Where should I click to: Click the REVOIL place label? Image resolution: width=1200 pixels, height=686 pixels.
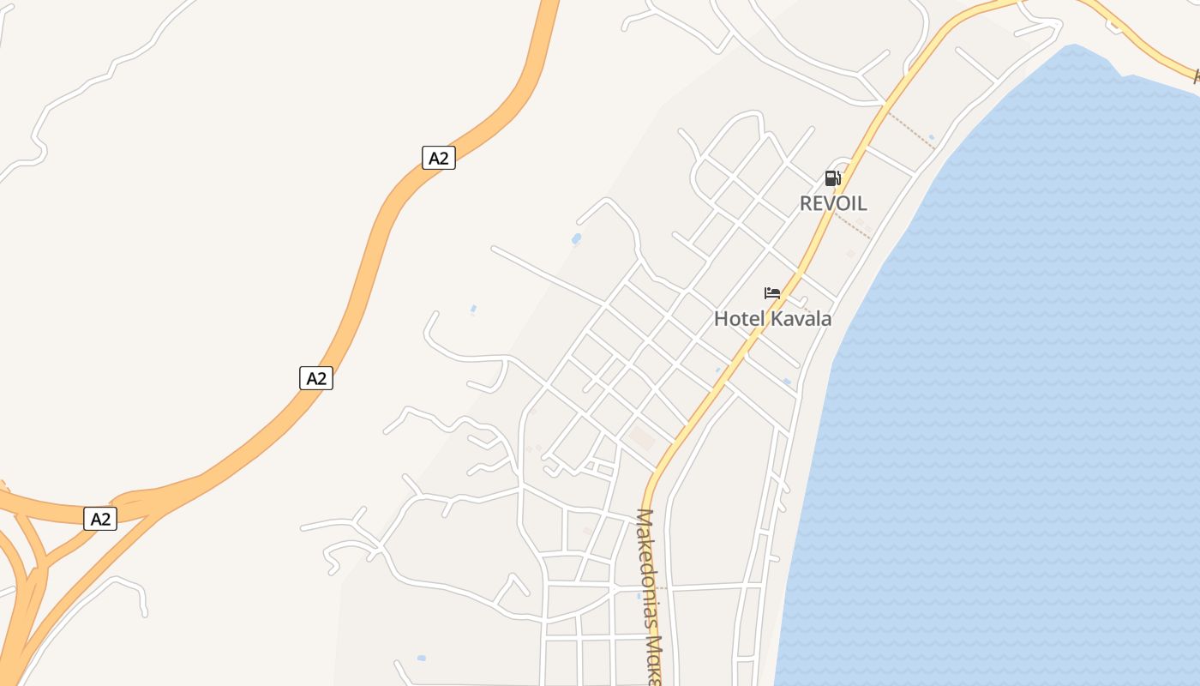point(833,203)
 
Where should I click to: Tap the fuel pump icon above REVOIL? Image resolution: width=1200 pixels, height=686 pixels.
point(831,178)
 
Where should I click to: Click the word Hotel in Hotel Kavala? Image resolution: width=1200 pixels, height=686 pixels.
point(738,319)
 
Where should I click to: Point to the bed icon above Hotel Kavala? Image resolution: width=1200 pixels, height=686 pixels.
point(772,293)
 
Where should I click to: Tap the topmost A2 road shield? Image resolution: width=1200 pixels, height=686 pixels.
point(438,158)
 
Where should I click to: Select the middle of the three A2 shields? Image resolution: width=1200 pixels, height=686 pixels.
point(316,378)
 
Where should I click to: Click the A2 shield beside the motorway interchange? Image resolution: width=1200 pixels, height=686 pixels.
point(100,519)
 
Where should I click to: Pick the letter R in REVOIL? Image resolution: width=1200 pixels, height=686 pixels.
point(807,203)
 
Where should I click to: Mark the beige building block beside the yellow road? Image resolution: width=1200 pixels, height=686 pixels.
point(640,439)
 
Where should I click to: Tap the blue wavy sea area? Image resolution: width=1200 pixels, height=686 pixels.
point(1011,386)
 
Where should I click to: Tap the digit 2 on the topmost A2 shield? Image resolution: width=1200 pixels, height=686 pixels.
point(443,158)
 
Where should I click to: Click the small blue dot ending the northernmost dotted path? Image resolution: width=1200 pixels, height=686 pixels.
point(932,137)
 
